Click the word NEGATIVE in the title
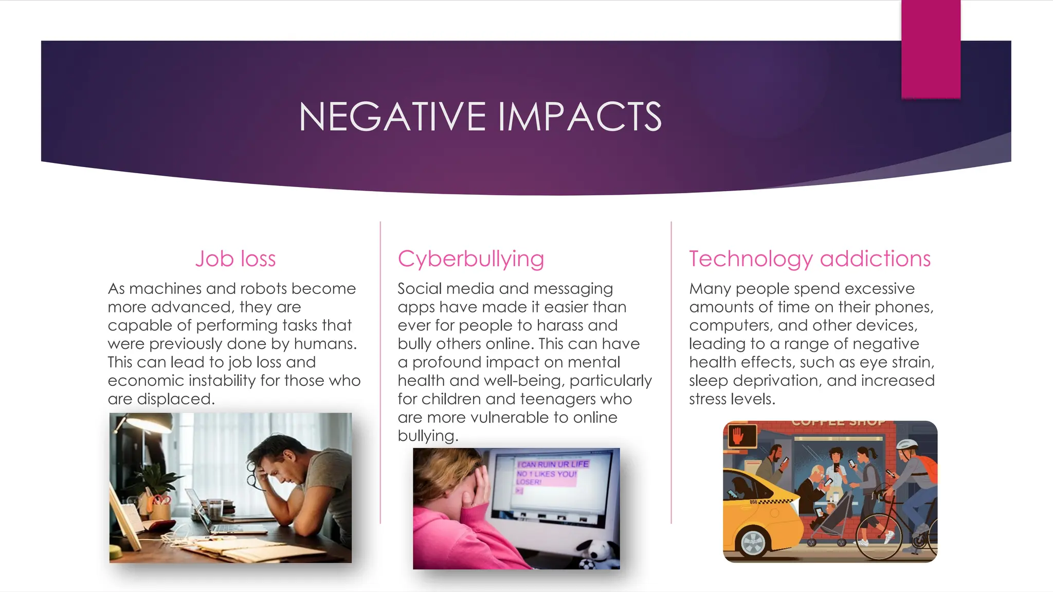[392, 117]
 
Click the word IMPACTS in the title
[579, 117]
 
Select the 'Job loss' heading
[235, 259]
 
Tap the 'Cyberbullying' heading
[470, 259]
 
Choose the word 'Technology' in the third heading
[751, 259]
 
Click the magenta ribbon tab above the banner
[931, 49]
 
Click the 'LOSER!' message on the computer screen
[529, 482]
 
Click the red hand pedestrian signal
[738, 436]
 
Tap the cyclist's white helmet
[907, 445]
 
